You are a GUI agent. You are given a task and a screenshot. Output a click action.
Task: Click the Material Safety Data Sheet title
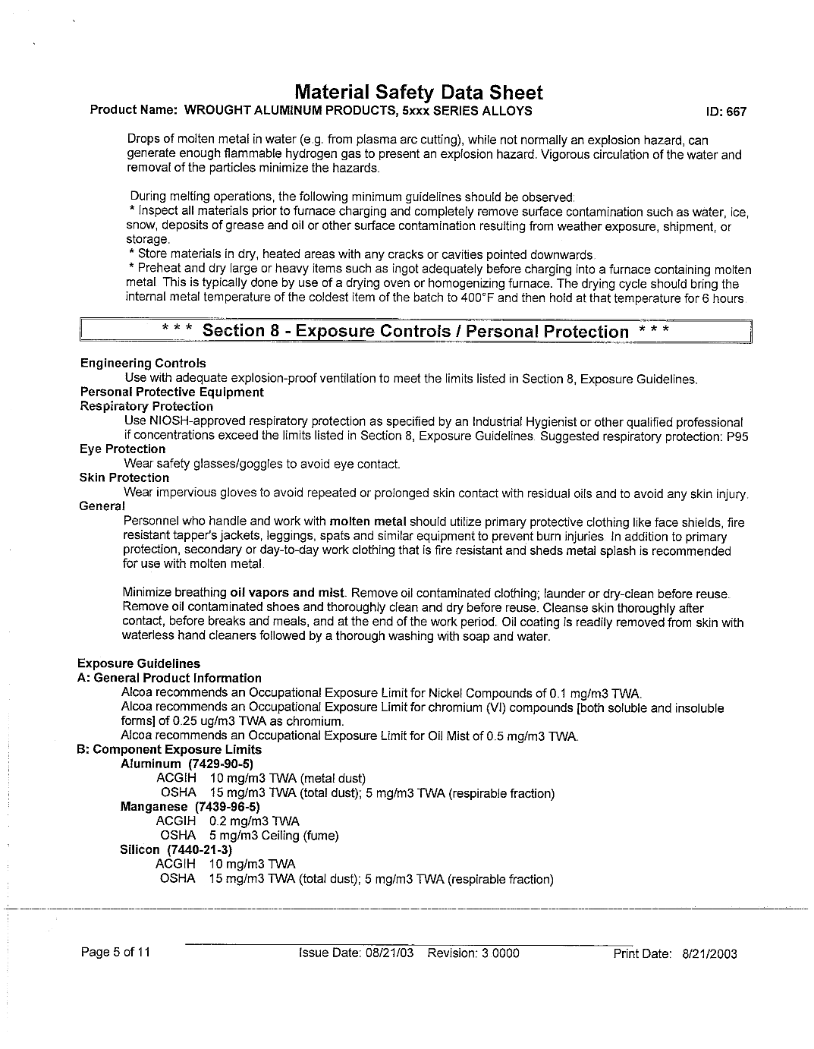(418, 93)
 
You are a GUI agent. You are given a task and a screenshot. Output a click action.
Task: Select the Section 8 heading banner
(416, 332)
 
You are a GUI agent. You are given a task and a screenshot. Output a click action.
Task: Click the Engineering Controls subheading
(143, 364)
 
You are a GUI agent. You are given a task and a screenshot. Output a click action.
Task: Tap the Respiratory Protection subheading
(146, 407)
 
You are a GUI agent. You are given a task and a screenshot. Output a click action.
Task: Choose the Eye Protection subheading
(122, 449)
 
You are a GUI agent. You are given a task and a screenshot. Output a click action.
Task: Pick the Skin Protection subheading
(124, 478)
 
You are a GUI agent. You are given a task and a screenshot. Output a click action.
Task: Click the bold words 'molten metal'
(368, 522)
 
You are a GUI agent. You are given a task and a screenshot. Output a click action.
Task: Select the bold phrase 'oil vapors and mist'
(288, 594)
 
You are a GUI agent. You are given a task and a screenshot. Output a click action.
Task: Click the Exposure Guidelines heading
(139, 664)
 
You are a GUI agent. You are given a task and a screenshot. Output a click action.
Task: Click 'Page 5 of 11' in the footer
(115, 953)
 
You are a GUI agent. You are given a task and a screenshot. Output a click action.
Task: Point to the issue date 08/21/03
(388, 953)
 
